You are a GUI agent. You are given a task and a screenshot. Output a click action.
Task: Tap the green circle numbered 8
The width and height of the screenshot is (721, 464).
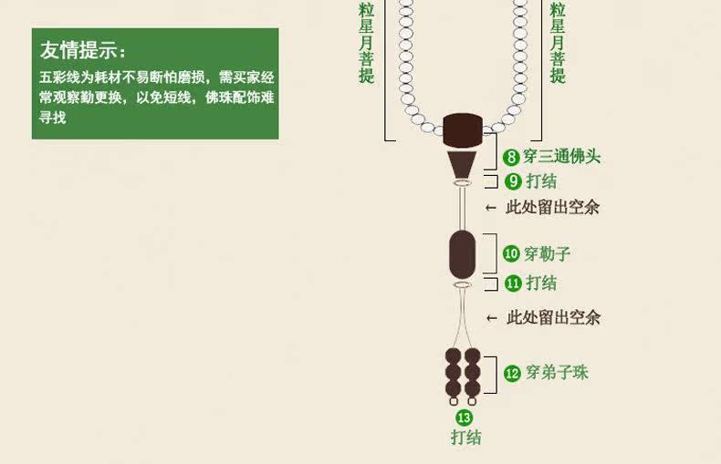[x=512, y=157]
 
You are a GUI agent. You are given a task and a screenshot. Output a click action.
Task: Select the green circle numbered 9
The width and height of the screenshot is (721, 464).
[x=513, y=180]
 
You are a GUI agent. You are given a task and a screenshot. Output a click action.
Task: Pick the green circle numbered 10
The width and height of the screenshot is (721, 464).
[x=511, y=254]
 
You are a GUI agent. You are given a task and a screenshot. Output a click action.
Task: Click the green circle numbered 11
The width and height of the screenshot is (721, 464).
[x=513, y=284]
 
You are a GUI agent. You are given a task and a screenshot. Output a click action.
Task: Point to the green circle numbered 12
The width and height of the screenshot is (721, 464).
[x=512, y=373]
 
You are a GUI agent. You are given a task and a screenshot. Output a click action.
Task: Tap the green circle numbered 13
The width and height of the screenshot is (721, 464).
[x=465, y=418]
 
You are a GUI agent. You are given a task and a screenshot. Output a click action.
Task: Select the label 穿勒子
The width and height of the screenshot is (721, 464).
[x=549, y=254]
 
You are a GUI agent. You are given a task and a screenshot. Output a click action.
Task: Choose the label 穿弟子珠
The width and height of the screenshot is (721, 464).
[x=557, y=373]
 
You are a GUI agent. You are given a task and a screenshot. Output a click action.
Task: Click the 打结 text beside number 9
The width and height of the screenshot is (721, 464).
[x=541, y=180]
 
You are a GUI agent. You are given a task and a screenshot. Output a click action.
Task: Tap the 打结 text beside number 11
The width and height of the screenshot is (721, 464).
[x=541, y=284]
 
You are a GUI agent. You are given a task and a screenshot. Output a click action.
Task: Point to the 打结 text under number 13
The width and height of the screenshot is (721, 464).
[x=465, y=438]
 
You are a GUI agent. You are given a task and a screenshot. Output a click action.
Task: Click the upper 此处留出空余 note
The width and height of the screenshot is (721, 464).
[x=553, y=208]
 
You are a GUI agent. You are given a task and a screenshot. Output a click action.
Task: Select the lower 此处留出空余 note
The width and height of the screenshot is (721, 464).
[x=553, y=318]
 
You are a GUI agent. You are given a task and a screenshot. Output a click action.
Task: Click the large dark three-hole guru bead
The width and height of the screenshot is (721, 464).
[x=463, y=131]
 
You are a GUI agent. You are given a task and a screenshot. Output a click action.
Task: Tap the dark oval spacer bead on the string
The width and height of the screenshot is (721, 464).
[x=463, y=254]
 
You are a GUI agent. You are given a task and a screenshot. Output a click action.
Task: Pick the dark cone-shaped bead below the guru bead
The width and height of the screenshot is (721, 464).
[x=463, y=164]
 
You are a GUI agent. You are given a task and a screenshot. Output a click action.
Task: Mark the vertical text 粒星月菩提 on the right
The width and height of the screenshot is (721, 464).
[x=558, y=42]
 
